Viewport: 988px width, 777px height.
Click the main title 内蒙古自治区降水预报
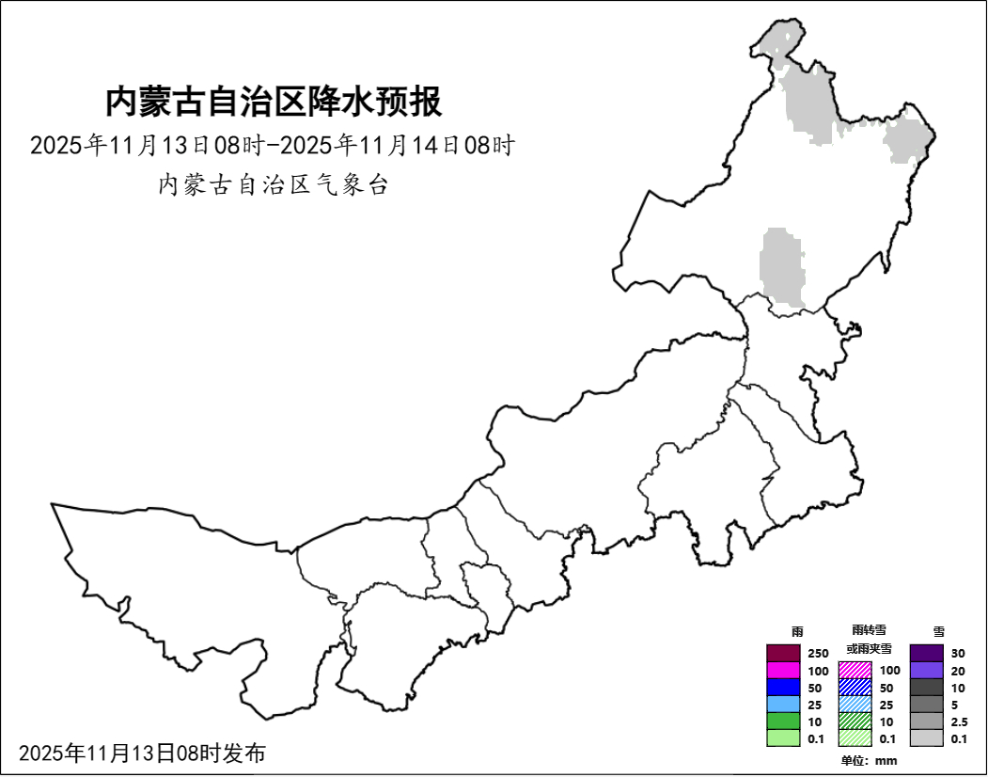[273, 102]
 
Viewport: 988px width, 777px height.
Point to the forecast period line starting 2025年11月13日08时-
[273, 146]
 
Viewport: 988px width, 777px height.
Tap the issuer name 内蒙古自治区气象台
[273, 184]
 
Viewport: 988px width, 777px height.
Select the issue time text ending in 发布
[142, 753]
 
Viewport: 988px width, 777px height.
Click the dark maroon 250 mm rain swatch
[782, 653]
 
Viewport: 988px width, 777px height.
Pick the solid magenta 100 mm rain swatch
[782, 671]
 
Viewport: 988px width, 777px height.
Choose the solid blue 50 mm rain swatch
[782, 688]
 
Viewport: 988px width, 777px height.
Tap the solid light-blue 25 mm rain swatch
[782, 705]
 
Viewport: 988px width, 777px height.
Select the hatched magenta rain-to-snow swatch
[855, 671]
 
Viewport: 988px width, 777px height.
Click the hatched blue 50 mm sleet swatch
[855, 688]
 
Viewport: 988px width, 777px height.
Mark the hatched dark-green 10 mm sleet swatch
[855, 721]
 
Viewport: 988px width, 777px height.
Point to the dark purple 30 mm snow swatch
[926, 653]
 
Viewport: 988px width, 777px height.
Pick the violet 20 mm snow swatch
[926, 671]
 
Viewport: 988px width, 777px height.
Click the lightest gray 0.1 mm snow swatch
[926, 738]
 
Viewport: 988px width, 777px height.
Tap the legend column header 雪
[938, 632]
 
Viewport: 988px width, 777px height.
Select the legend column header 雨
[797, 632]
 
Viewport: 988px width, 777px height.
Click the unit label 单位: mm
[869, 760]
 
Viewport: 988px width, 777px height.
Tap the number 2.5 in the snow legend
[960, 721]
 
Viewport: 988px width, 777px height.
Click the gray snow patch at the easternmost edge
[908, 139]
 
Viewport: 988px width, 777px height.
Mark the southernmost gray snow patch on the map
[783, 269]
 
